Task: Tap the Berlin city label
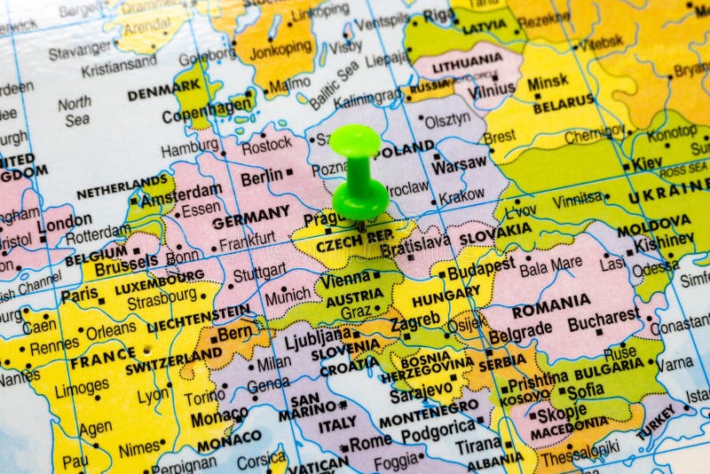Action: click(x=261, y=178)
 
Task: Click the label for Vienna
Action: click(x=344, y=279)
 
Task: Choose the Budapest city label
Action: click(x=480, y=269)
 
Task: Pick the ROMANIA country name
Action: click(x=550, y=300)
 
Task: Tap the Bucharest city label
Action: click(x=603, y=315)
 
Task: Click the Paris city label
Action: click(x=79, y=294)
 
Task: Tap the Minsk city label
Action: click(x=547, y=83)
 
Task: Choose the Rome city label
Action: click(x=370, y=442)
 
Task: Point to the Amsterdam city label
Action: click(x=181, y=193)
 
